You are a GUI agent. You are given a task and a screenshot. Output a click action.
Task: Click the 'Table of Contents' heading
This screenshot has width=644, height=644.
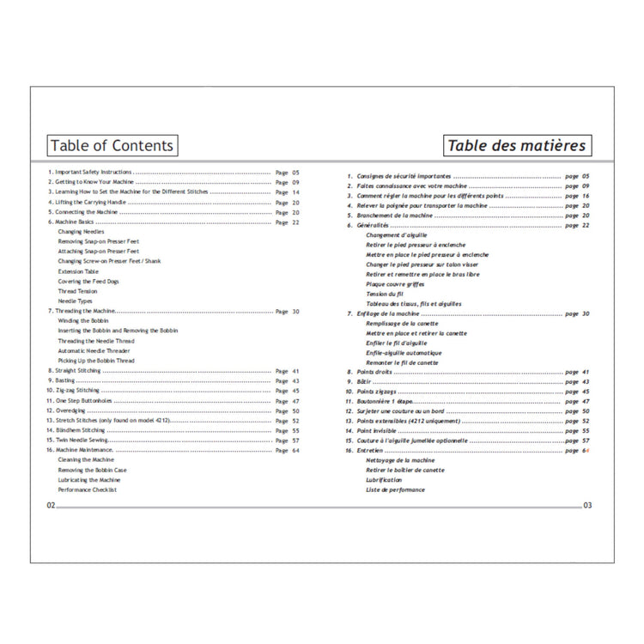click(112, 145)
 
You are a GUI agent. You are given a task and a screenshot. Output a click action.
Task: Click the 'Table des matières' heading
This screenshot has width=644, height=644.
click(517, 145)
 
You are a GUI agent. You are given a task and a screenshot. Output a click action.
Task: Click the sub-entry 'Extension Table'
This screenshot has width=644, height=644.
click(78, 271)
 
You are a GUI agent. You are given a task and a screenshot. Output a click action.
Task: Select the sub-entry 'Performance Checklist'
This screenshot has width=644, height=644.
click(87, 489)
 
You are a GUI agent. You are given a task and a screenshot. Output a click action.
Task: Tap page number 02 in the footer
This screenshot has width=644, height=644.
click(51, 506)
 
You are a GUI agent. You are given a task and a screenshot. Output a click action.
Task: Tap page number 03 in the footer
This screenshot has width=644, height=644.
click(587, 506)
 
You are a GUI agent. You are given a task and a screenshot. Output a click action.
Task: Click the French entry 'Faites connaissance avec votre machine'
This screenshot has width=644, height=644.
click(412, 186)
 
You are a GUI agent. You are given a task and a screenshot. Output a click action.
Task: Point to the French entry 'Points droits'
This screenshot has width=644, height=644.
click(375, 372)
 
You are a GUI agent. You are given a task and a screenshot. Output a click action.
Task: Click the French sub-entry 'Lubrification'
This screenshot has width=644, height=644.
click(384, 480)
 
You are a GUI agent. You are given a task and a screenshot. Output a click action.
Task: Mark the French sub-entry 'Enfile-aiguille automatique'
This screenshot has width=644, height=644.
click(404, 353)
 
